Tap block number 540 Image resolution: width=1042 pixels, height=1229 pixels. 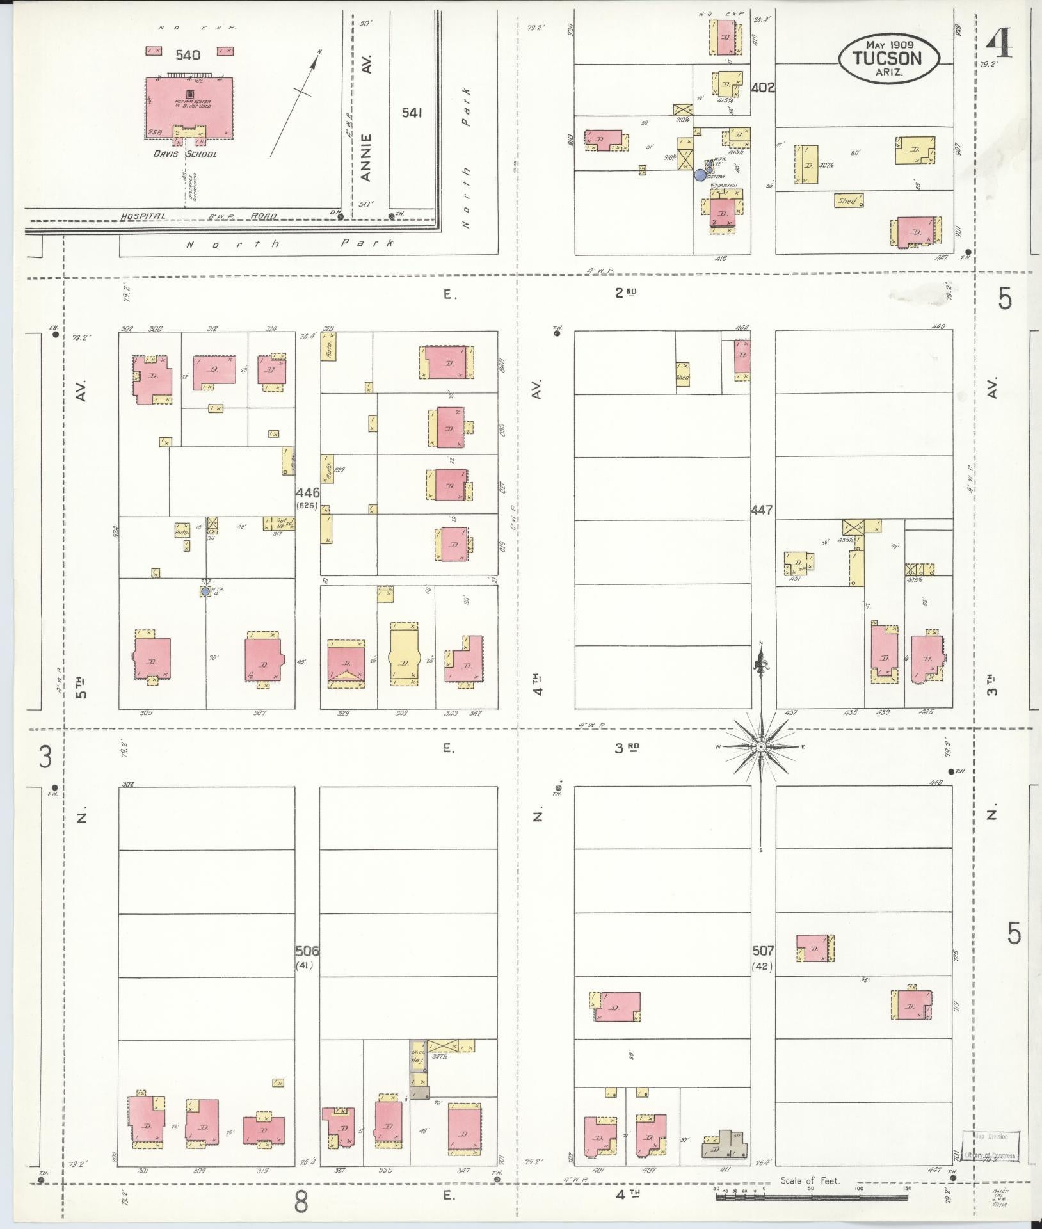[188, 55]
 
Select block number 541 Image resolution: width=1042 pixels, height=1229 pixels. [412, 113]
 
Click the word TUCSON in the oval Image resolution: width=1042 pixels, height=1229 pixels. [889, 59]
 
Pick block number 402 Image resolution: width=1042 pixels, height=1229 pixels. [764, 87]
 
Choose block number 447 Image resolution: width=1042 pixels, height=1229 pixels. [763, 510]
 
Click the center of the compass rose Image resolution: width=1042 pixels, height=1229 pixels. [761, 747]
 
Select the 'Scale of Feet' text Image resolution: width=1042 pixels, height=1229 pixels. [810, 1181]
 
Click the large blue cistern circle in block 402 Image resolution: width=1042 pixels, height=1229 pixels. [700, 173]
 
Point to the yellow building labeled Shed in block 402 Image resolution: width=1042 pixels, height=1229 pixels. [847, 201]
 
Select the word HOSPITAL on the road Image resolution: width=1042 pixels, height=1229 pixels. [143, 216]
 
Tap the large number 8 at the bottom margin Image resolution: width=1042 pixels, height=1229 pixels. [301, 1202]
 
